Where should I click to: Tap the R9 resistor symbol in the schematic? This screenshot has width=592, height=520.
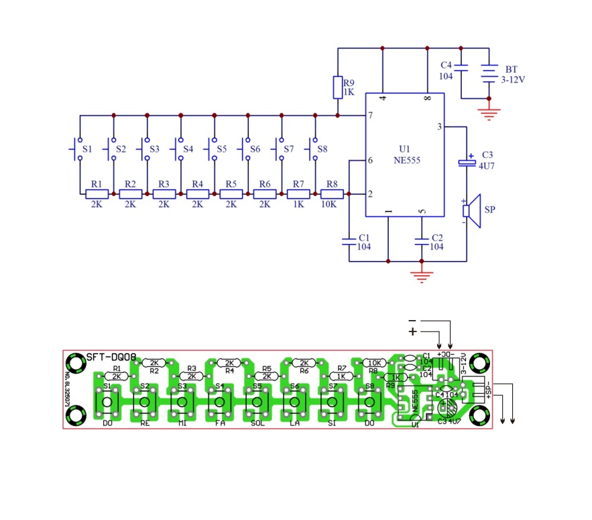coord(338,87)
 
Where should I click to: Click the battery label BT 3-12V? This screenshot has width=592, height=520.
coord(512,74)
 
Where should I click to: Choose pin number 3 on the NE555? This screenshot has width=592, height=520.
coord(439,126)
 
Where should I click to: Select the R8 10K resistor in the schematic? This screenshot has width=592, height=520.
coord(332,194)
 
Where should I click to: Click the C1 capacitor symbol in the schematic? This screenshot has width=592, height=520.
coord(349,240)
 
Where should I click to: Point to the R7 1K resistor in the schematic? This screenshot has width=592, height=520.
coord(298,194)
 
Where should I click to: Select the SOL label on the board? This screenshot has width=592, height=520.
coord(257,424)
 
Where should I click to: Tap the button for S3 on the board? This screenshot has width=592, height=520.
coord(181,403)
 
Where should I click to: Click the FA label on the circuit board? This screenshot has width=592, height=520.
coord(219,424)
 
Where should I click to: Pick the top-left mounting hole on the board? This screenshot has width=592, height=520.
coord(76,364)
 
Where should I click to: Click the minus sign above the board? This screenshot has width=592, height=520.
coord(412,320)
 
